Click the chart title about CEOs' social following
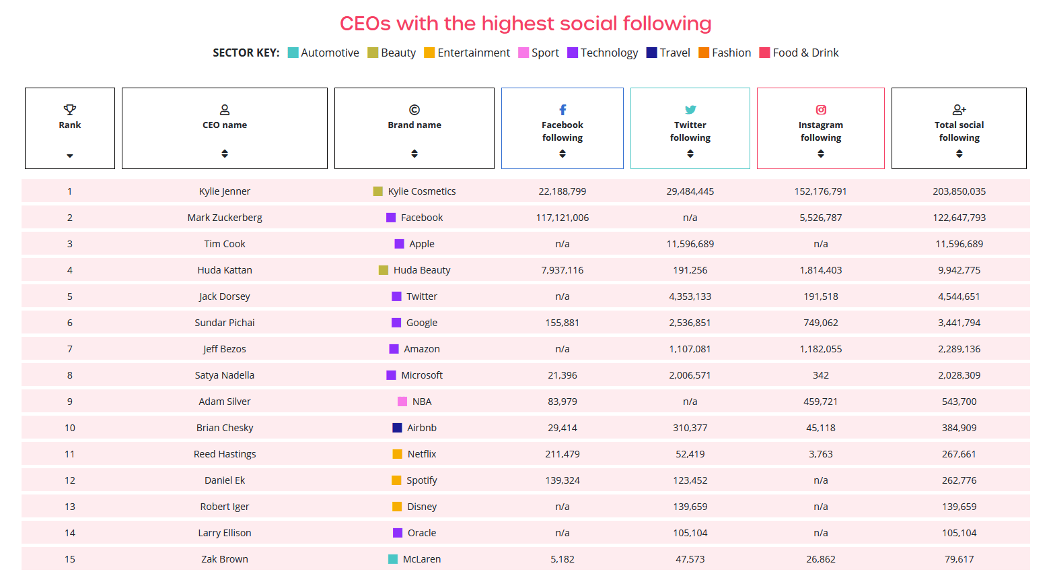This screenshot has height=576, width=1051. (525, 24)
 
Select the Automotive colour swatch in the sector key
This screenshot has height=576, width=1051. (293, 53)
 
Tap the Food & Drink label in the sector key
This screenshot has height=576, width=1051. (805, 53)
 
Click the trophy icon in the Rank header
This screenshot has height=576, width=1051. (70, 109)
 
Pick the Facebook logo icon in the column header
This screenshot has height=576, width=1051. (563, 110)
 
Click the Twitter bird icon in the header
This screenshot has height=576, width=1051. (690, 110)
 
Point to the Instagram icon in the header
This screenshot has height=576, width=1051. (821, 110)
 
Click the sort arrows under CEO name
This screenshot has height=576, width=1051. (225, 154)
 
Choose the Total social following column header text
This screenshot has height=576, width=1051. (959, 131)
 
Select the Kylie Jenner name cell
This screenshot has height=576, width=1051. (225, 191)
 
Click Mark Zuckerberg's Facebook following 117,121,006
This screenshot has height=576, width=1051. (563, 218)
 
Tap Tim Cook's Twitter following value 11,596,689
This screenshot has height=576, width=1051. (690, 244)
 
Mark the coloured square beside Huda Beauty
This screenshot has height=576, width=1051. (384, 270)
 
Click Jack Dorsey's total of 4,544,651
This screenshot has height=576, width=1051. (959, 296)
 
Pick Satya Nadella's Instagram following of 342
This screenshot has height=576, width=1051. (821, 375)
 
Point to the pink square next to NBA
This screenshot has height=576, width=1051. (402, 402)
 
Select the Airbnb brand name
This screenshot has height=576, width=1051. (422, 428)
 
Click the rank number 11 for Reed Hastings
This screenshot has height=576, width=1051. (70, 454)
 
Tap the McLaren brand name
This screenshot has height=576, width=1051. (422, 559)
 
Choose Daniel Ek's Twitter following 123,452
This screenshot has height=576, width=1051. (690, 480)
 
